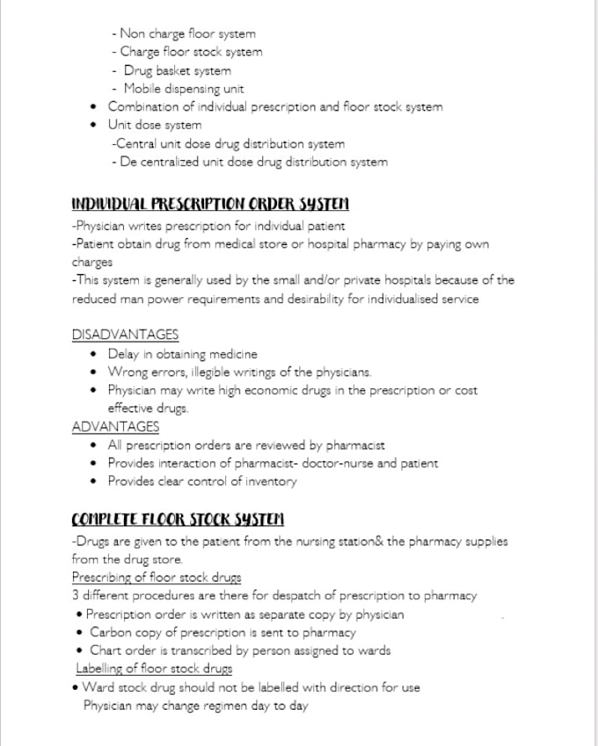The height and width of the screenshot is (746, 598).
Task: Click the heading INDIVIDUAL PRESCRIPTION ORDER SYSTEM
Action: click(x=209, y=205)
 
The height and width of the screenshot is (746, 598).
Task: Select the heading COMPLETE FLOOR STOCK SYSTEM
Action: click(x=177, y=519)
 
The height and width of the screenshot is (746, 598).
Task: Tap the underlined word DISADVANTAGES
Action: click(x=125, y=335)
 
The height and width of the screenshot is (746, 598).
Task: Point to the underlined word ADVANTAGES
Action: click(x=115, y=426)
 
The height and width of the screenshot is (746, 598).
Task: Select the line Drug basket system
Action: click(x=177, y=70)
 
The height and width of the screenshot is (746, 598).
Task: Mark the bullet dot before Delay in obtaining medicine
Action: click(x=95, y=354)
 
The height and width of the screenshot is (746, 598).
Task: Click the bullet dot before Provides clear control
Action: click(x=95, y=482)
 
